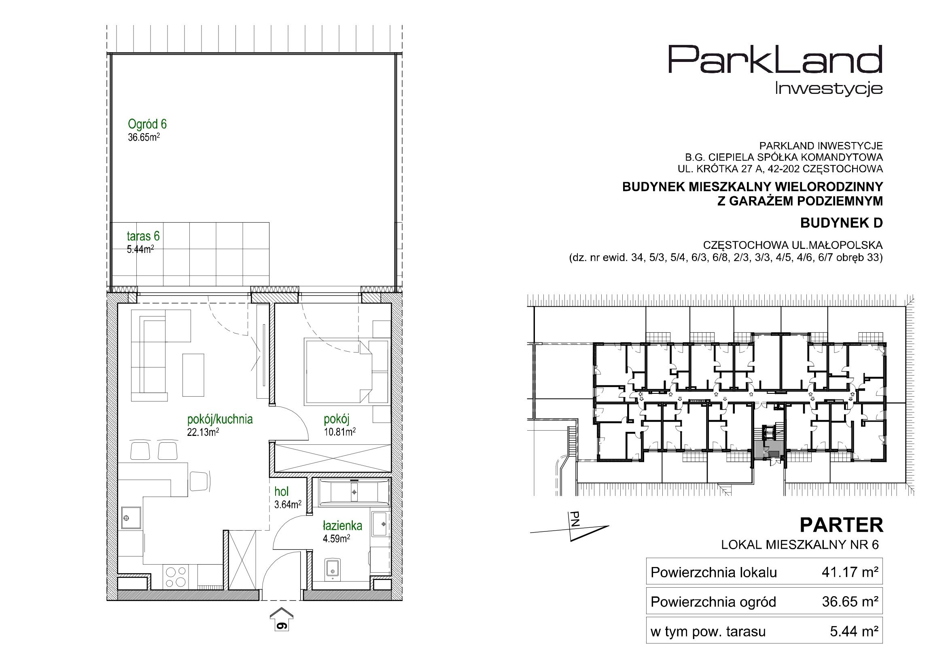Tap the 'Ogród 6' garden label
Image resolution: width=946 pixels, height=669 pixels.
[x=147, y=124]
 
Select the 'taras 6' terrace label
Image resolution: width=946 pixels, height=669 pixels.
[x=143, y=236]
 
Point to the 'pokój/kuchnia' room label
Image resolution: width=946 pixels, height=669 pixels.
[x=220, y=420]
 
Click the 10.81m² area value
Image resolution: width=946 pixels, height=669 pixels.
[x=339, y=431]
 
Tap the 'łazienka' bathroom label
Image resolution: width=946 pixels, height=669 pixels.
[x=342, y=526]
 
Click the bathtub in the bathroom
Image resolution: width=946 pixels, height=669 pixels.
[x=354, y=492]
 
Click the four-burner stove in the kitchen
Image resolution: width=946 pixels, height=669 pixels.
[x=176, y=577]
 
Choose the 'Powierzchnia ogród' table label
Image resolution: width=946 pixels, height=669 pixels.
[x=713, y=602]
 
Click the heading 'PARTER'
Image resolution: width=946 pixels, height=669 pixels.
[x=841, y=526]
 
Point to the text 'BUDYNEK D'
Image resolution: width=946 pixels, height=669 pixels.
[x=841, y=223]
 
